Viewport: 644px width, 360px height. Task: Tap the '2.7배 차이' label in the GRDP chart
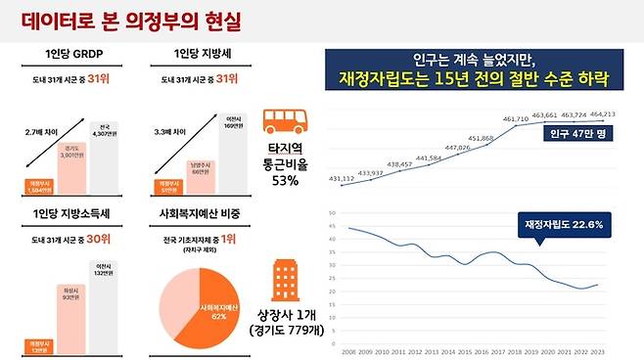[x=41, y=128]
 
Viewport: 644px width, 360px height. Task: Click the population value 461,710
[x=515, y=118]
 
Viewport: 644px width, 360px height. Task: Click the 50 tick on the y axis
[x=332, y=212]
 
